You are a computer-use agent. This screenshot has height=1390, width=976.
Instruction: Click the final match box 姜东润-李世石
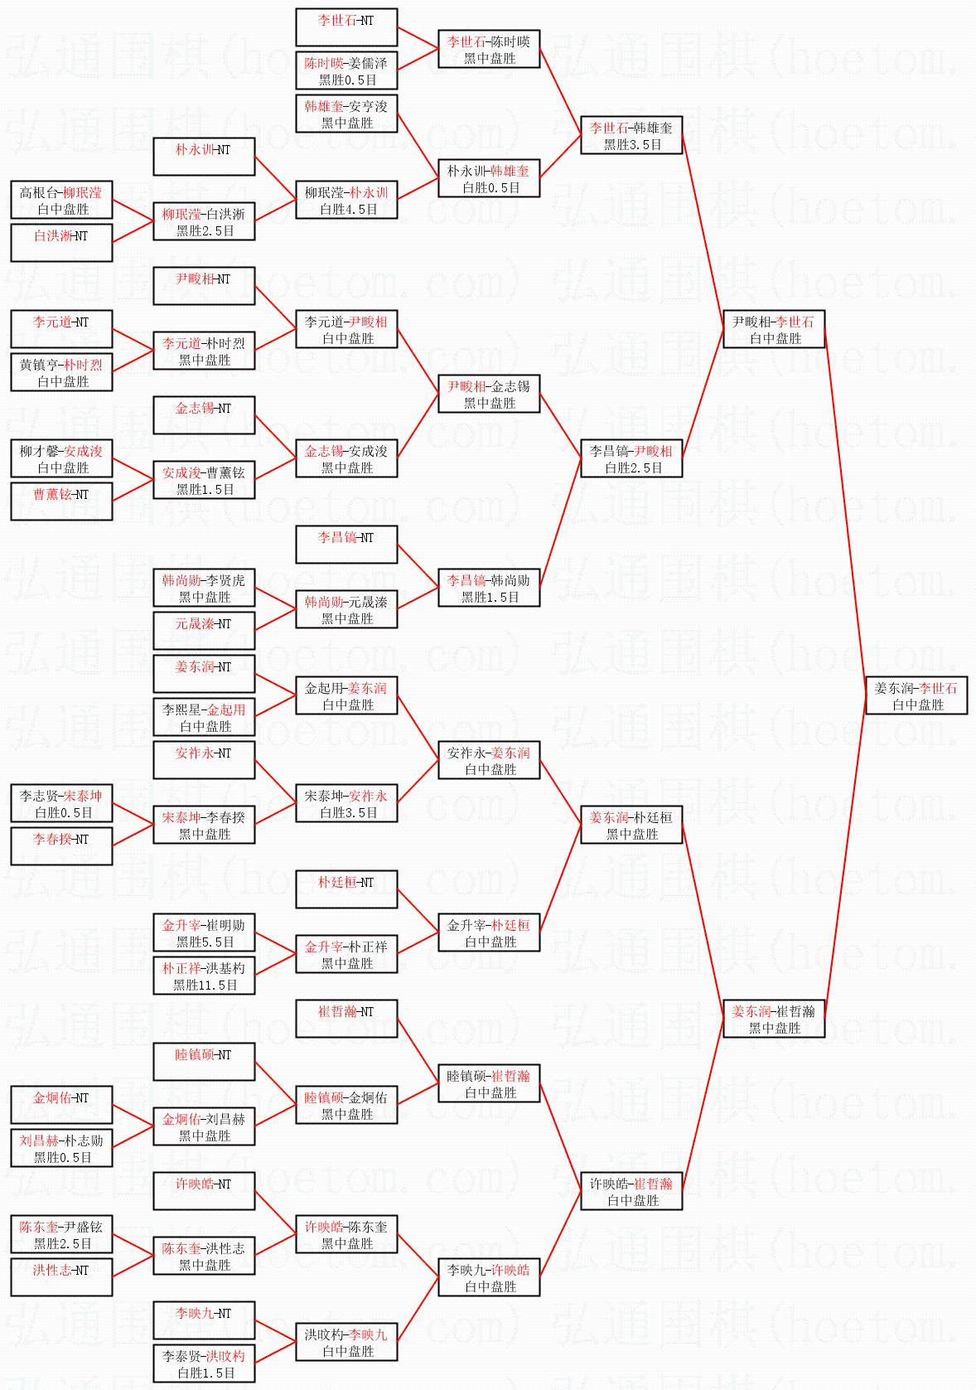916,696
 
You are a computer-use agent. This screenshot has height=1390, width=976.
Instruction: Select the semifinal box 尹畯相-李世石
774,330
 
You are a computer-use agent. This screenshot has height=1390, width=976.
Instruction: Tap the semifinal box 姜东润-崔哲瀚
774,1019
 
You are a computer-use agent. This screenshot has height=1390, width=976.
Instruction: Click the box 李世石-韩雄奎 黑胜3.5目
631,136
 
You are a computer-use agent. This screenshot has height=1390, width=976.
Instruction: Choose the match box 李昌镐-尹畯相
631,459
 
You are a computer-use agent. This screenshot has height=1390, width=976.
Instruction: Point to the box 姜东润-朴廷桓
631,826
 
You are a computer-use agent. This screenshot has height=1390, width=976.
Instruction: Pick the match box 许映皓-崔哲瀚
631,1192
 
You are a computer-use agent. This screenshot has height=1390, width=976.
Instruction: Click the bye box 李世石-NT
346,27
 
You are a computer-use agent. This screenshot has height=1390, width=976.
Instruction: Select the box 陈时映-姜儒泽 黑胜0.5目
346,71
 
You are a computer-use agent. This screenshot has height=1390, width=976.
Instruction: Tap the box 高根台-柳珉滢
61,201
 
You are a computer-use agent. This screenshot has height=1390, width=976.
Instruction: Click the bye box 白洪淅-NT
61,244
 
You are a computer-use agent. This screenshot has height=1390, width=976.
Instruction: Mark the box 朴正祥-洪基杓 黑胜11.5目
204,976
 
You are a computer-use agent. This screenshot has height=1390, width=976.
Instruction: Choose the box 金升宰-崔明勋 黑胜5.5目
204,933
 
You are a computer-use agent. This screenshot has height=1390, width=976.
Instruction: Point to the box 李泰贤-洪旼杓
204,1364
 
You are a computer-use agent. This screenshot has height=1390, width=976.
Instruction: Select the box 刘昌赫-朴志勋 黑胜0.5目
61,1149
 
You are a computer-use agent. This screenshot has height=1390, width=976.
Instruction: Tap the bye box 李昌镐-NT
346,545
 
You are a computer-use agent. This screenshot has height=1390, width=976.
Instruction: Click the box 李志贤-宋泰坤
61,804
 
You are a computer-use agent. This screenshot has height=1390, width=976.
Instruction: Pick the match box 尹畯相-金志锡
489,395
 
